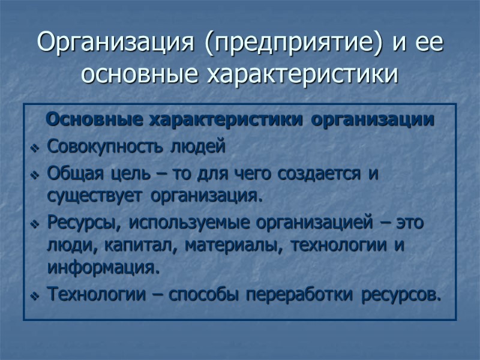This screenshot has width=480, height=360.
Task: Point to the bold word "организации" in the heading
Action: pos(373,119)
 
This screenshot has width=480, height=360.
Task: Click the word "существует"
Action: pos(97,196)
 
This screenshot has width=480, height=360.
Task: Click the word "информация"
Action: pos(103,266)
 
